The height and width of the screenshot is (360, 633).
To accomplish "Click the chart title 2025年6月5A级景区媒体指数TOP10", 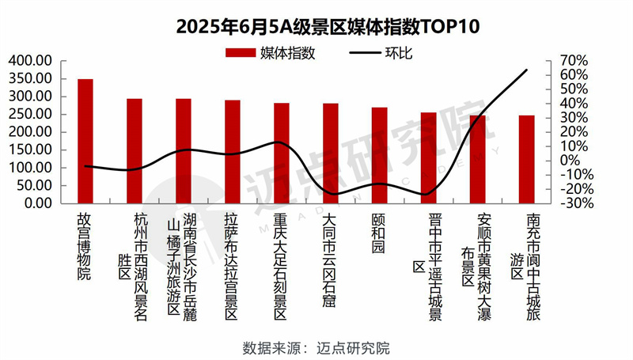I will pyautogui.click(x=316, y=26).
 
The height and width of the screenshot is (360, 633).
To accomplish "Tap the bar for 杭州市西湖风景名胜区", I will pyautogui.click(x=135, y=150).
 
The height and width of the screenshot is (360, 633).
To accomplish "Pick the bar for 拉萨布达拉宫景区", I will pyautogui.click(x=233, y=151).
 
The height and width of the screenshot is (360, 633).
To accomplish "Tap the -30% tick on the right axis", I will pyautogui.click(x=574, y=203).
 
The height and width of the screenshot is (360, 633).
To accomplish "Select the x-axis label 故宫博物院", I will pyautogui.click(x=85, y=245).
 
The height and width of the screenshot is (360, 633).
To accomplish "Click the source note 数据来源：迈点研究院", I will pyautogui.click(x=316, y=347).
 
